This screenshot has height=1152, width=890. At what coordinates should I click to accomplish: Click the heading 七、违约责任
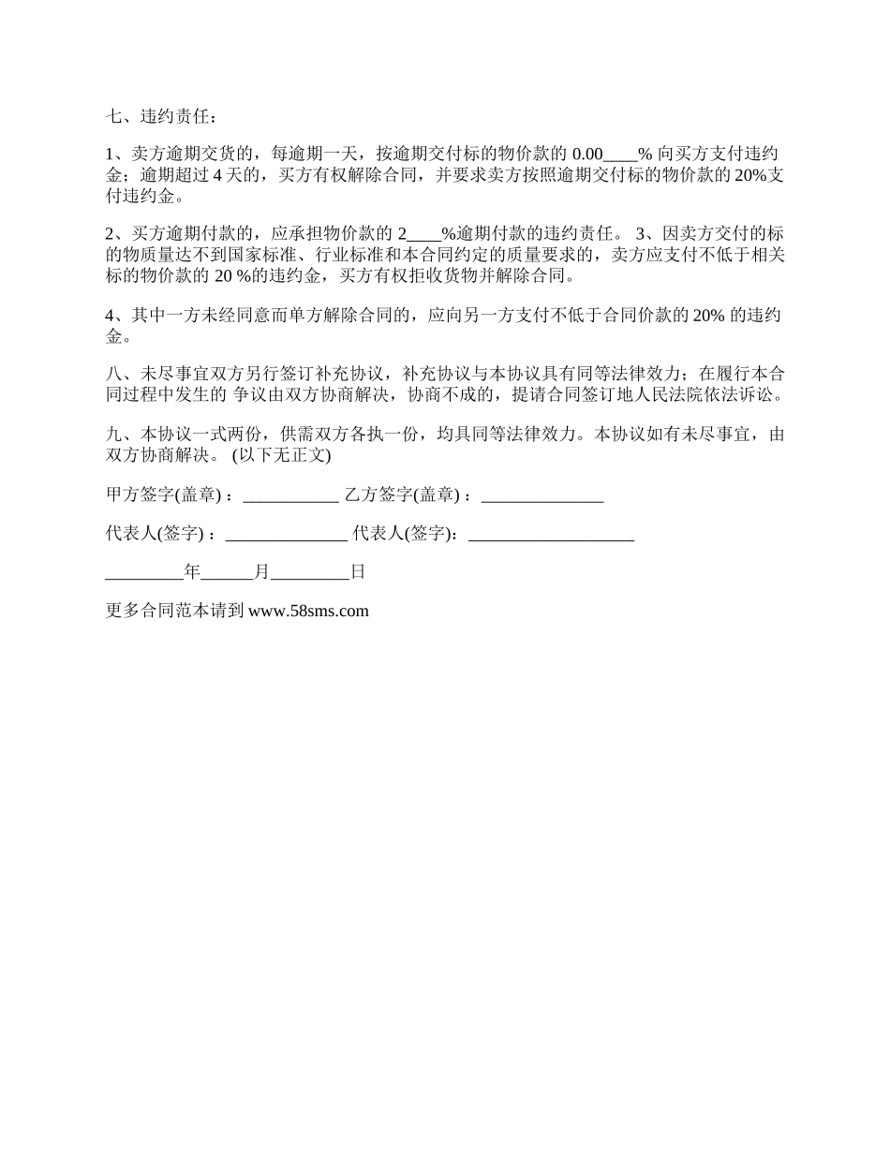[162, 117]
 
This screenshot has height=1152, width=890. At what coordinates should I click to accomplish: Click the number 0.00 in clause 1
[586, 155]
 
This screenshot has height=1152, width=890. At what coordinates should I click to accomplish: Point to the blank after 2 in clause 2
[424, 233]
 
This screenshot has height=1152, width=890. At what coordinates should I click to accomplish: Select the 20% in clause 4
[706, 315]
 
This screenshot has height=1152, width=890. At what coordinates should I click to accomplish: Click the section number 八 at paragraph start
[113, 372]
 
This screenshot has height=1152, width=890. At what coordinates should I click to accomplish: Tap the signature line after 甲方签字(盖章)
[290, 497]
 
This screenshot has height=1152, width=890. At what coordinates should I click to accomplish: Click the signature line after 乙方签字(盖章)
[542, 497]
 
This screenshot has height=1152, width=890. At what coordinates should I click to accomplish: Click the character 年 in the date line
[192, 571]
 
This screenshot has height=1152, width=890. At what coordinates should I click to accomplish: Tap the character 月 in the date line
[261, 571]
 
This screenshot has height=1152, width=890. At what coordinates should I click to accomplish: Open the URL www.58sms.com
[308, 612]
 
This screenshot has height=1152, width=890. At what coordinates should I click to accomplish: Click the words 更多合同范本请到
[175, 611]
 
